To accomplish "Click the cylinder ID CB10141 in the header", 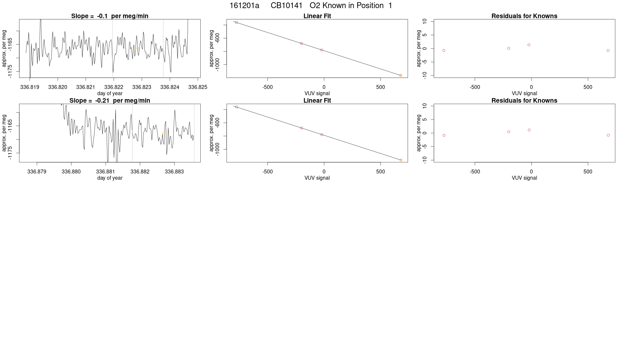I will pos(286,6).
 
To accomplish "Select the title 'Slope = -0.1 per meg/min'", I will pos(110,16).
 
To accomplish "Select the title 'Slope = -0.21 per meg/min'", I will pos(110,100).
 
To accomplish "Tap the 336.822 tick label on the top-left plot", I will pos(114,87).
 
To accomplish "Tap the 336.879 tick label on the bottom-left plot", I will pos(37,171).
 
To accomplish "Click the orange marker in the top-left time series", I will pos(138,48).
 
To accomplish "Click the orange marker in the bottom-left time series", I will pos(163,133).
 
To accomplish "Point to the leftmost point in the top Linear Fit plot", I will pos(236,22).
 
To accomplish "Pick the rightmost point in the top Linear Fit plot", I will pos(401,75).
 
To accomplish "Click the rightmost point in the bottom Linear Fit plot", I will pos(401,160).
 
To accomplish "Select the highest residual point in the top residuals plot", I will pos(529,45).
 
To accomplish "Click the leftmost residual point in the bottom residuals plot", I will pos(444,135).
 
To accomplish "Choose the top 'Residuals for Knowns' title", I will pos(524,16).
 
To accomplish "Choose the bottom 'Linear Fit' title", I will pos(317,100).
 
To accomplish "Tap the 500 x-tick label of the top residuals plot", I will pos(588,87).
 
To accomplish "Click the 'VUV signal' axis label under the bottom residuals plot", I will pos(524,178).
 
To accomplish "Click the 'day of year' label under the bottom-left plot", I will pos(110,178).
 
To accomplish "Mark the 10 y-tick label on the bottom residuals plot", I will pos(425,106).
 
